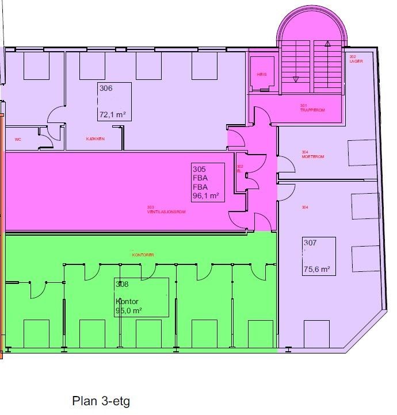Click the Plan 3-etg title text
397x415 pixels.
pos(101,401)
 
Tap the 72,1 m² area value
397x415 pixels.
pos(112,114)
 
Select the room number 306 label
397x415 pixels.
pos(106,89)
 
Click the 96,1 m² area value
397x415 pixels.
pos(206,196)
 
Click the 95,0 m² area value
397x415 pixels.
pos(128,311)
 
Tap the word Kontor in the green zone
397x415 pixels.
pos(127,302)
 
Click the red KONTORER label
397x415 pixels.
pos(143,255)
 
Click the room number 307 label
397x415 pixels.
pos(310,243)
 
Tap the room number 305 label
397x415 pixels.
pos(199,170)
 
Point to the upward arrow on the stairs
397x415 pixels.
pos(327,44)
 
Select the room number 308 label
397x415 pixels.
pos(122,284)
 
